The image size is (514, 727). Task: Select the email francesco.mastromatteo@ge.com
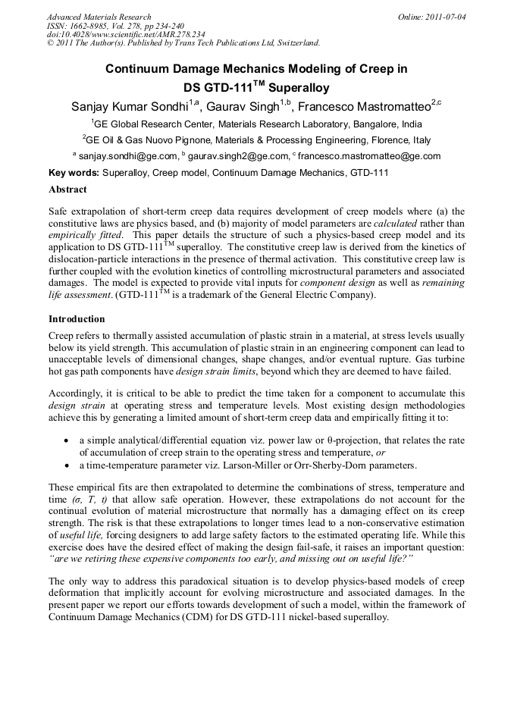(369, 157)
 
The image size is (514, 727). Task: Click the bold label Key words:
(74, 174)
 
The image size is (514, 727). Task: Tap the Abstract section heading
(67, 190)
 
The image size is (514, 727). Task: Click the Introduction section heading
(77, 319)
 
